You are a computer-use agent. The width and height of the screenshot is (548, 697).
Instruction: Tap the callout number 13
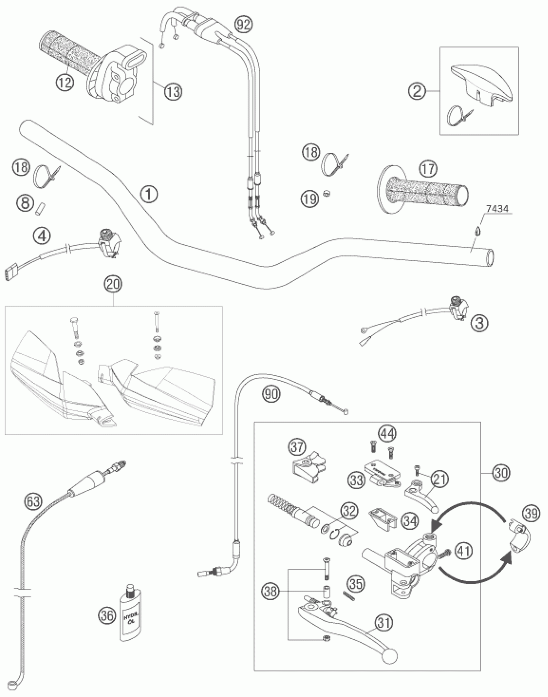tap(172, 92)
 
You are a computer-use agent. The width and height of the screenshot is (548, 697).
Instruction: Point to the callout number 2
tap(417, 92)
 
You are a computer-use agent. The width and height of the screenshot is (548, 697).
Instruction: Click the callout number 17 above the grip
tap(428, 169)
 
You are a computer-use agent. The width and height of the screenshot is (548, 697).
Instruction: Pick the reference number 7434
tap(497, 209)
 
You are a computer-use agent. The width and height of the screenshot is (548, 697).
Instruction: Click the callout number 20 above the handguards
tap(113, 285)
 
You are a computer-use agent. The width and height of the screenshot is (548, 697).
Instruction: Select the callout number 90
tap(271, 394)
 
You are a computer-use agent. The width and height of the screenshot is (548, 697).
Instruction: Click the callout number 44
tap(387, 434)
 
